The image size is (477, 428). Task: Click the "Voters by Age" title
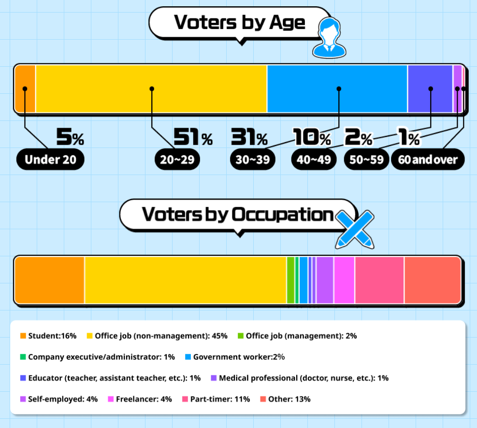point(239,23)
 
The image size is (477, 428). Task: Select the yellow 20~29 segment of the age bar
point(151,89)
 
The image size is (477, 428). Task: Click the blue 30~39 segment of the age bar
point(337,89)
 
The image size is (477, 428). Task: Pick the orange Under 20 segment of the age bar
point(25,89)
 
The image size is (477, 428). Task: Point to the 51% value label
point(193,137)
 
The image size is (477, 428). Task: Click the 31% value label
point(249,137)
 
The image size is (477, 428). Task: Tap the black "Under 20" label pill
point(50,160)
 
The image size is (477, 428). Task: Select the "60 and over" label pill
point(428,160)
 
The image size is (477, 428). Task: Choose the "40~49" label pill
point(314,160)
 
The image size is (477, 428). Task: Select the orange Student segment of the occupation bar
point(50,280)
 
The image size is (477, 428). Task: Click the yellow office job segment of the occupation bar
point(185,280)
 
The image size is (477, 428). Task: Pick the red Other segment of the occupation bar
point(432,280)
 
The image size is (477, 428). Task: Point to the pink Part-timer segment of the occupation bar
point(379,280)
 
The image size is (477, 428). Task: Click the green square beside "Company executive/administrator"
point(23,357)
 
